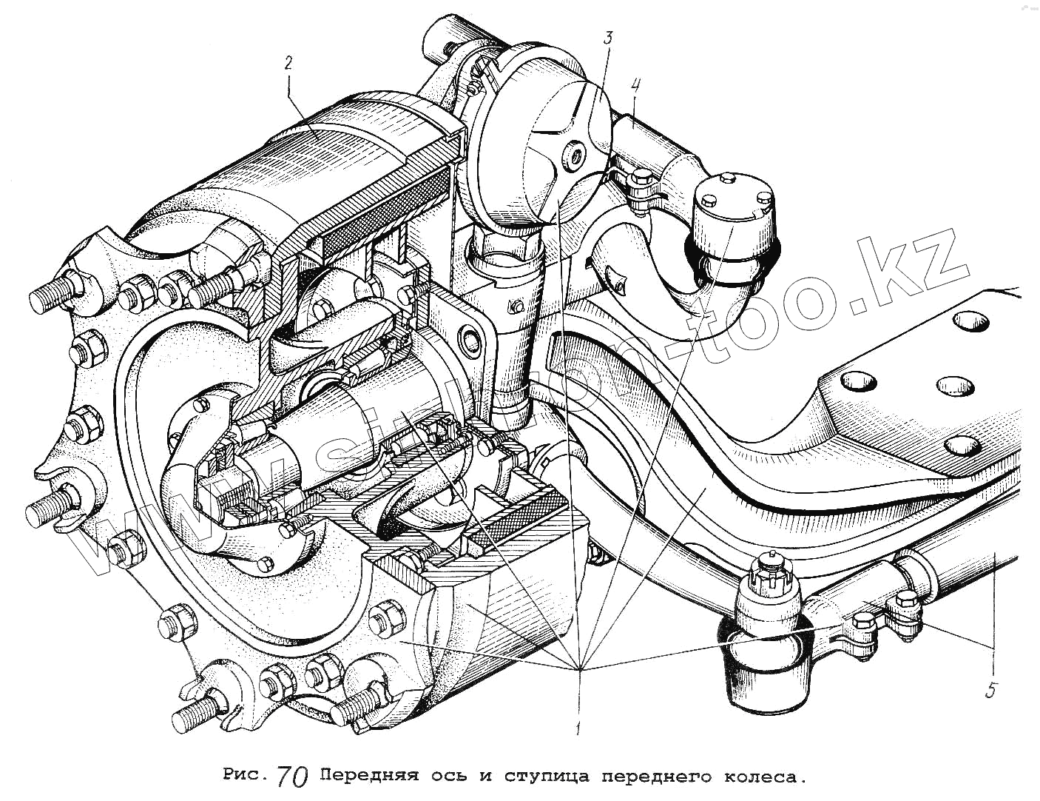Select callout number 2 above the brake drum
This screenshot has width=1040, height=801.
click(x=289, y=64)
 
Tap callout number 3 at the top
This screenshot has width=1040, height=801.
click(x=607, y=38)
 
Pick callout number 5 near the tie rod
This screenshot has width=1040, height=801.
click(x=991, y=690)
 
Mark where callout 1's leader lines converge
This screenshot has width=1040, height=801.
click(x=581, y=668)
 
